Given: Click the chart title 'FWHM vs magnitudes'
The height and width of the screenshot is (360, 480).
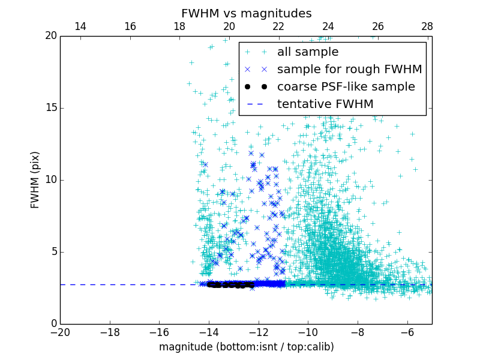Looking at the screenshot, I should [246, 13].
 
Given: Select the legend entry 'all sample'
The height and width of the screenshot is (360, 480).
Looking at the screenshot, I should [308, 52].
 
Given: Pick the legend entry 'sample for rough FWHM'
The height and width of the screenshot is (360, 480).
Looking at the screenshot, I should [349, 70].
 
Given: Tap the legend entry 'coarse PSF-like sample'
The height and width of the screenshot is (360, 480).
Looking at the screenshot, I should [346, 87].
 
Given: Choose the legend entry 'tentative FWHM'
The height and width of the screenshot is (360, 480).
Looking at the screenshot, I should [325, 104].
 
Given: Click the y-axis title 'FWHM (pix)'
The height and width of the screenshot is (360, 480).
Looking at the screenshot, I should [35, 180].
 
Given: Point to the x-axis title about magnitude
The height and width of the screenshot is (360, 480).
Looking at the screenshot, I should [246, 347].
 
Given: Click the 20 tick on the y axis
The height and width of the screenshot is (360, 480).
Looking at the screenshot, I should [49, 36].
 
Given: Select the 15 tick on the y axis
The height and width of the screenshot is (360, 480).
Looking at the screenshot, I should [49, 108].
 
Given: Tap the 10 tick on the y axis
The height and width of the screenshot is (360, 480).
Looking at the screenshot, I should [49, 180].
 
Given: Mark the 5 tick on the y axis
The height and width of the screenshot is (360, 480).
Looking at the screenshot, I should [52, 252].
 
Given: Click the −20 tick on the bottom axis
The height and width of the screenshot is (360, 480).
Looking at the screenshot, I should [60, 332].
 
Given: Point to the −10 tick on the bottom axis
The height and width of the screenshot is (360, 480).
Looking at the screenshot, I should [308, 332].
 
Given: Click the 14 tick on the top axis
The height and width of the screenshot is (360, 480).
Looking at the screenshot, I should [80, 26].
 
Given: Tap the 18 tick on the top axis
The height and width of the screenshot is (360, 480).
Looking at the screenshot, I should [179, 26].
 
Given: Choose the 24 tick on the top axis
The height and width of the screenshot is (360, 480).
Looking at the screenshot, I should [328, 26].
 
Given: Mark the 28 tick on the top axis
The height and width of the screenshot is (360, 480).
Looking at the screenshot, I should [427, 26].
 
